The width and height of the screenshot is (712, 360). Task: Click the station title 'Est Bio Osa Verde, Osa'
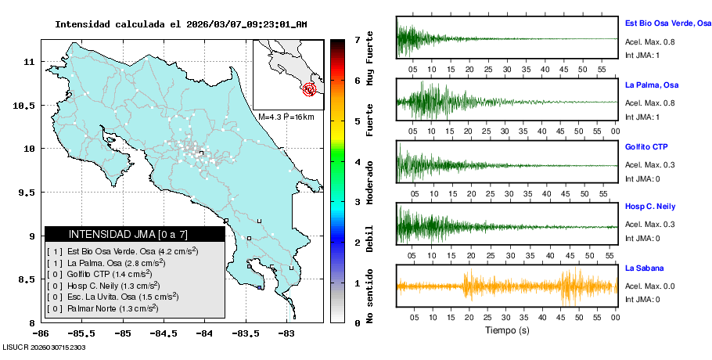pyautogui.click(x=667, y=24)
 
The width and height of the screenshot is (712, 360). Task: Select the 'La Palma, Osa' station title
pyautogui.click(x=651, y=85)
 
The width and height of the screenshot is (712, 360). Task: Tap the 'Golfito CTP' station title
pyautogui.click(x=646, y=147)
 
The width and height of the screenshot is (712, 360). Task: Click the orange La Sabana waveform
pyautogui.click(x=506, y=286)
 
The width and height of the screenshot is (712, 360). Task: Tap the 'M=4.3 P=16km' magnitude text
pyautogui.click(x=286, y=117)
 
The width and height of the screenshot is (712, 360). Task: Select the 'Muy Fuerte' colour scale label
pyautogui.click(x=370, y=53)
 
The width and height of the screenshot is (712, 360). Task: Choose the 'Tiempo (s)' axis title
pyautogui.click(x=506, y=330)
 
